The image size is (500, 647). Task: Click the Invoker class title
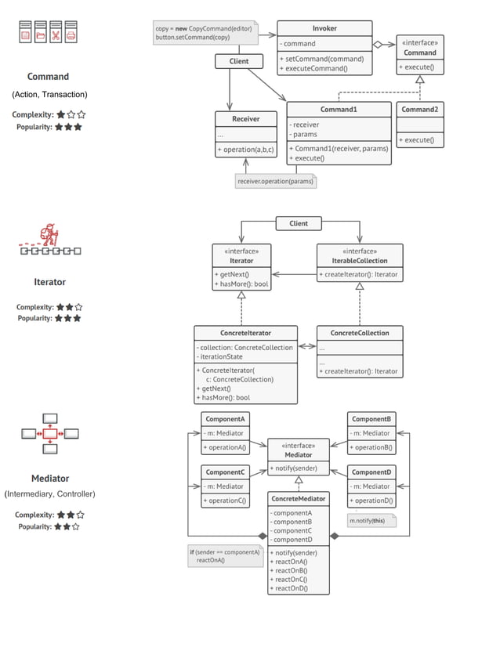click(324, 28)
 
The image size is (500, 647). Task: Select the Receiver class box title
click(245, 119)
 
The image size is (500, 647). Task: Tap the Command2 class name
click(419, 110)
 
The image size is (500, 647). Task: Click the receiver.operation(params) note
click(275, 182)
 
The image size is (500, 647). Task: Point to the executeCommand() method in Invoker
click(313, 69)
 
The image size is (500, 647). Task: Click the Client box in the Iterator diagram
click(299, 223)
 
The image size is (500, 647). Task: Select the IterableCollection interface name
click(359, 261)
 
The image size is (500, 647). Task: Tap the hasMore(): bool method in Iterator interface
click(241, 284)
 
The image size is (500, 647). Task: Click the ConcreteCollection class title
click(359, 333)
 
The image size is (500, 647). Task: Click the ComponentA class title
click(225, 419)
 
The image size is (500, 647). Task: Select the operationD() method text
click(372, 501)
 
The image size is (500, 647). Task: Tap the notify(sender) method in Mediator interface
click(295, 468)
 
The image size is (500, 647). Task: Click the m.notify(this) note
click(368, 520)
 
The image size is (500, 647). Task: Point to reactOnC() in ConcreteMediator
click(289, 580)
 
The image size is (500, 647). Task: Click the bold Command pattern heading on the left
click(49, 77)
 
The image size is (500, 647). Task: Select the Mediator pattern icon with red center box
click(50, 433)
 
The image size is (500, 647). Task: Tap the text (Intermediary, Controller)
click(50, 494)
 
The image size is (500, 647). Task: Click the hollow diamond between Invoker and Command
click(378, 45)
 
